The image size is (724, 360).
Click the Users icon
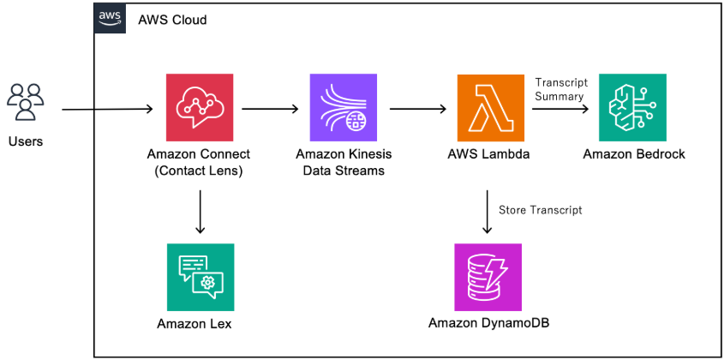pos(26,102)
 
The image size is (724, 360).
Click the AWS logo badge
pos(109,18)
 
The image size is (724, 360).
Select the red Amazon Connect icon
pos(200,107)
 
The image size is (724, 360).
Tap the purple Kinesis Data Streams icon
pos(343,107)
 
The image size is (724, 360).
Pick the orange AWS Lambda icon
pos(488,107)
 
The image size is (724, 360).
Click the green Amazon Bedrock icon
pos(633,107)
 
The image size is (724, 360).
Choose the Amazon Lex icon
pos(200,277)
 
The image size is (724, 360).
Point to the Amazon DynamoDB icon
pos(488,277)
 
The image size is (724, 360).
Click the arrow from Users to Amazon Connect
pos(108,110)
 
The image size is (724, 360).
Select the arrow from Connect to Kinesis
pos(270,110)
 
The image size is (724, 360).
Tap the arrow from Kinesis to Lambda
pos(418,110)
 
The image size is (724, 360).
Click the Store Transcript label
pos(541,208)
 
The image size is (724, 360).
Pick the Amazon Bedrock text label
pos(633,154)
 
